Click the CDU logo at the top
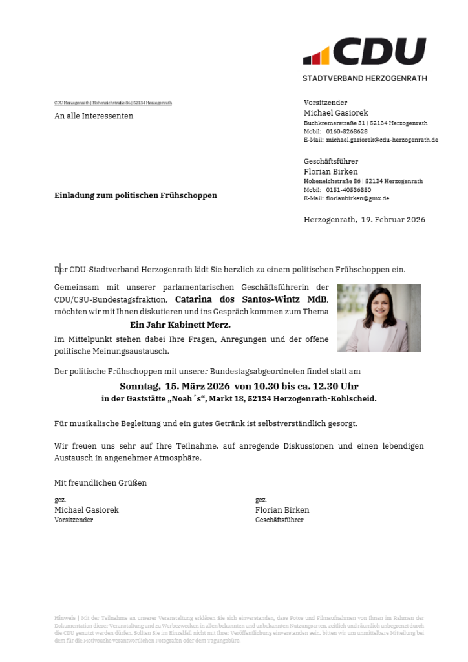[x=365, y=52]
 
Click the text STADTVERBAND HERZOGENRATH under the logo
[x=365, y=78]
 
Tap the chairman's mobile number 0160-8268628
[x=346, y=131]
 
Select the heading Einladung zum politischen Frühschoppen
[x=136, y=195]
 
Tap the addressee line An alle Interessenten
[x=94, y=116]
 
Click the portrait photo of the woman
[x=379, y=317]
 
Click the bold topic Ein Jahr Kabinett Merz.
[x=180, y=325]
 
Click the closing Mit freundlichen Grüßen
[x=100, y=483]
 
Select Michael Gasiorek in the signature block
[x=87, y=510]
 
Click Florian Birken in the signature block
[x=282, y=510]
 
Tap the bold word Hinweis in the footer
[x=65, y=618]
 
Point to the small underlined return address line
[x=113, y=103]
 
